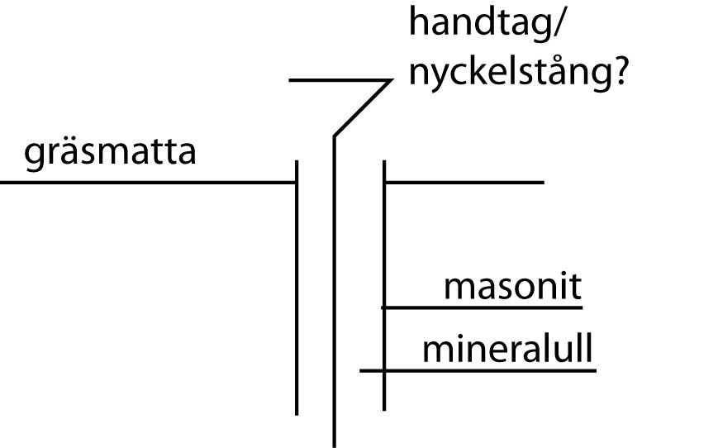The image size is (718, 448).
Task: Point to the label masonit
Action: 513,287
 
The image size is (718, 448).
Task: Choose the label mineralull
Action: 507,348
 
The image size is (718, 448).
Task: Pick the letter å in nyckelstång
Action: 554,69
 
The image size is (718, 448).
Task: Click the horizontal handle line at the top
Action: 340,80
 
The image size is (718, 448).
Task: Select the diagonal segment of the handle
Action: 363,108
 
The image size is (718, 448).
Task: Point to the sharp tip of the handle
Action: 392,80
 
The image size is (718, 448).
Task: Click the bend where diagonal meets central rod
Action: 335,136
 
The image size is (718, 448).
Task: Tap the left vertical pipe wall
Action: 297,288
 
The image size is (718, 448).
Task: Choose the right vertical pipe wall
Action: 384,285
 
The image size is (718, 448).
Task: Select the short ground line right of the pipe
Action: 464,183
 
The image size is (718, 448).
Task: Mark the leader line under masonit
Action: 483,307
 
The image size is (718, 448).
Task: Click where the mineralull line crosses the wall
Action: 384,370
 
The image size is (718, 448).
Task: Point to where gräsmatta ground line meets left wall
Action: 297,183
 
